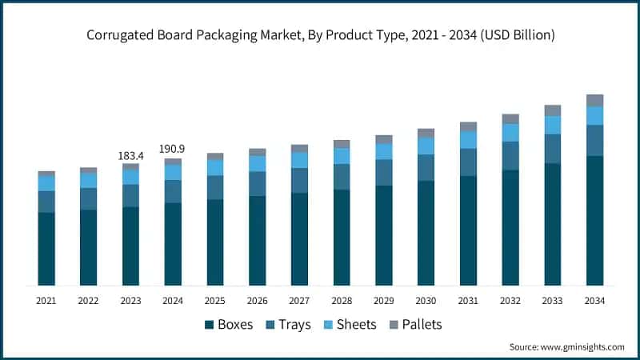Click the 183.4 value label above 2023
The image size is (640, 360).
pyautogui.click(x=130, y=154)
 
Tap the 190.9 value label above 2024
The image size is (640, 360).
pyautogui.click(x=173, y=149)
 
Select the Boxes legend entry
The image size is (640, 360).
pyautogui.click(x=229, y=324)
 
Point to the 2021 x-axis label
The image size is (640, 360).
pyautogui.click(x=46, y=301)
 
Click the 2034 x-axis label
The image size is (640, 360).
pyautogui.click(x=594, y=301)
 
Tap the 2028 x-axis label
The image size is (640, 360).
pyautogui.click(x=342, y=301)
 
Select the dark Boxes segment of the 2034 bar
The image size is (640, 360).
pyautogui.click(x=594, y=220)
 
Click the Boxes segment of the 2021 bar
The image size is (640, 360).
pyautogui.click(x=46, y=248)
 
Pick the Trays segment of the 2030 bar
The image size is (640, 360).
pyautogui.click(x=426, y=167)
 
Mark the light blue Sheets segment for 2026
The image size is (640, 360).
pyautogui.click(x=257, y=163)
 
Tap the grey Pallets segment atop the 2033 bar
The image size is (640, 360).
pyautogui.click(x=552, y=110)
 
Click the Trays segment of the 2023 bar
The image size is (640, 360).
pyautogui.click(x=130, y=195)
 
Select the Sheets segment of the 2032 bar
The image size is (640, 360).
pyautogui.click(x=510, y=132)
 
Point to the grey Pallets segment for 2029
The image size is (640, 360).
pyautogui.click(x=384, y=139)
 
